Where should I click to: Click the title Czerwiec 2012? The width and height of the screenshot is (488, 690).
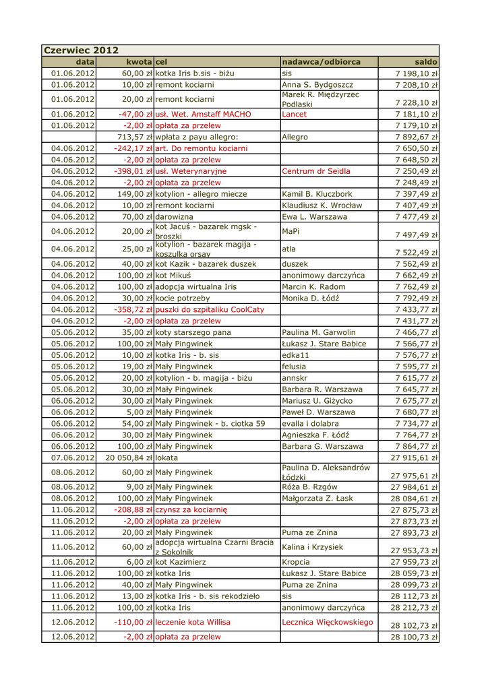point(81,51)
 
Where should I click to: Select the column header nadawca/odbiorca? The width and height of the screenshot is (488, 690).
point(321,62)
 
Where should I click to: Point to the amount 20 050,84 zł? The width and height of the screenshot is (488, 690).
point(129,458)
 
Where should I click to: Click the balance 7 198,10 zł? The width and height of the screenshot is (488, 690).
point(417,73)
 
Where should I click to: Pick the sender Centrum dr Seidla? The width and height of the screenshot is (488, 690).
point(315,171)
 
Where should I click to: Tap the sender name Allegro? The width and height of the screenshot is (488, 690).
point(295,137)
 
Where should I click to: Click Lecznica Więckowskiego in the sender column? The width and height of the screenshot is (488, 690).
point(327,622)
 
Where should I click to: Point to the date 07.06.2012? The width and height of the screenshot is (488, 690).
point(73,458)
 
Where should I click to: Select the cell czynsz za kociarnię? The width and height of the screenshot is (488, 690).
point(191,509)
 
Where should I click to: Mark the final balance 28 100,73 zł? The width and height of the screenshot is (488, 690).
point(415,637)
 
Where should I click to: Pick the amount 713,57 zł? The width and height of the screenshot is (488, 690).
point(135,137)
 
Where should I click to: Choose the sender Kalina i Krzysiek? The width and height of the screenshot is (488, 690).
point(313,547)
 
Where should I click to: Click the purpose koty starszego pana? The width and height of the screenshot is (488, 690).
point(192,332)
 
